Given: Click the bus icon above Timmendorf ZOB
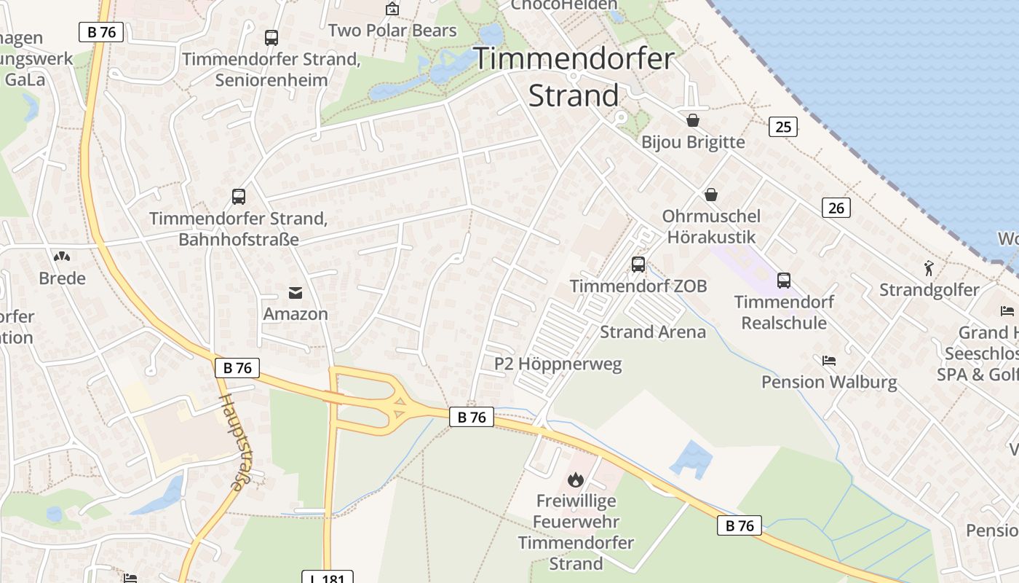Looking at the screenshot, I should (638, 265).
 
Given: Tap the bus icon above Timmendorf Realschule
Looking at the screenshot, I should (784, 280).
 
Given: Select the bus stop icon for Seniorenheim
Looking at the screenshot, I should (271, 38).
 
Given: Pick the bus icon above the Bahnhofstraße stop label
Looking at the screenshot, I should (239, 196).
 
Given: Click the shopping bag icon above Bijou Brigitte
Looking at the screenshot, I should (693, 120).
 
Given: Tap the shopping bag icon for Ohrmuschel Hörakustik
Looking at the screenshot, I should (711, 195).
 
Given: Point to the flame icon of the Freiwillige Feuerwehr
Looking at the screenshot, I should (576, 480).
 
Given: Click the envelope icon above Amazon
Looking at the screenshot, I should (296, 293).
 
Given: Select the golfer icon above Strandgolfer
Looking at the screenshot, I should (929, 268).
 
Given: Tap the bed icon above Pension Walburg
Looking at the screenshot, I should (828, 360).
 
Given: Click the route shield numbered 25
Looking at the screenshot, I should (783, 127).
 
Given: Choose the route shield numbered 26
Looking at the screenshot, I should (836, 208).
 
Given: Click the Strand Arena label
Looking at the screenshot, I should (653, 332).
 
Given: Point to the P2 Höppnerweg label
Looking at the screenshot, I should (558, 364).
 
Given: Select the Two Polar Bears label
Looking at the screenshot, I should (392, 31).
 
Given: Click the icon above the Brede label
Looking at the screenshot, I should (62, 257).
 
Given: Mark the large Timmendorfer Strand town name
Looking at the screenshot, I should (574, 77).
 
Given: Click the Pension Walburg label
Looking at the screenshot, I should (829, 382).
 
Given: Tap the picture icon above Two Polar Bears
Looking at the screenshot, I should (392, 9).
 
